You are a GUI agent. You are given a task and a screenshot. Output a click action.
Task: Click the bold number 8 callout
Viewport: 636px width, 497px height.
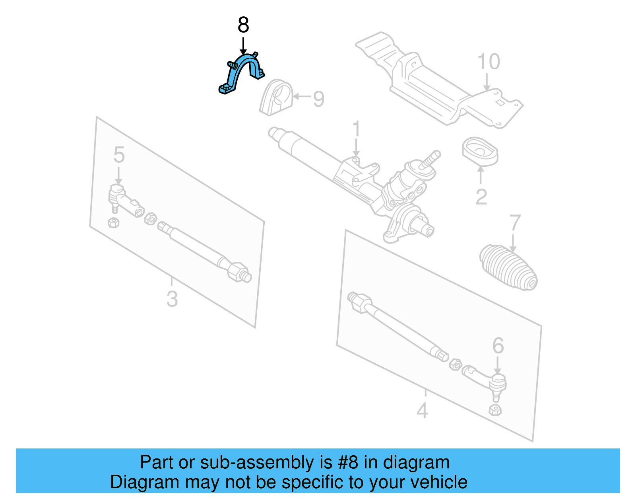(243, 25)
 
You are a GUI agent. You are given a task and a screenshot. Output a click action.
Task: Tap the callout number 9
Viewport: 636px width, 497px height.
(318, 99)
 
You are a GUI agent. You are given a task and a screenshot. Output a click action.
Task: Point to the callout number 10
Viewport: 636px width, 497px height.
(489, 62)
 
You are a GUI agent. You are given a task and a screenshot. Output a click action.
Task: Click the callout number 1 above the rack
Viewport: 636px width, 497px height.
(356, 129)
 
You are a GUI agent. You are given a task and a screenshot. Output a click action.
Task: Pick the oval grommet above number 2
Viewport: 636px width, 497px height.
(480, 152)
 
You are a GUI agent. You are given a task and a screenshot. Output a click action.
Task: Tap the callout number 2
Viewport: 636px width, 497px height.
(481, 197)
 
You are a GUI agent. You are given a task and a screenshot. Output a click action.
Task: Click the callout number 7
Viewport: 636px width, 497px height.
(515, 223)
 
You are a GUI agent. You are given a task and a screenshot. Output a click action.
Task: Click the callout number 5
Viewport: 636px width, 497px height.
(119, 155)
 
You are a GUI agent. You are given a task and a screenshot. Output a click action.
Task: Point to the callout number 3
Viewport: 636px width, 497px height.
(172, 299)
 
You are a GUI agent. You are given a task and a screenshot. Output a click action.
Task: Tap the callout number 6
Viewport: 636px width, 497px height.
(498, 346)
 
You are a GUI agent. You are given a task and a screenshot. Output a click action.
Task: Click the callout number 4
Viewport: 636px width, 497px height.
(422, 411)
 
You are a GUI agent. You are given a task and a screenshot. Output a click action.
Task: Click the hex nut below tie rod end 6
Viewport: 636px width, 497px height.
(495, 410)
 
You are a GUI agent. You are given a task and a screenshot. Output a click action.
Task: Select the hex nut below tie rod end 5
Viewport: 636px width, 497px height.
(114, 222)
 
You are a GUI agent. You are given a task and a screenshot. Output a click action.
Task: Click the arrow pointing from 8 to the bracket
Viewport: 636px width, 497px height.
(243, 46)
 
